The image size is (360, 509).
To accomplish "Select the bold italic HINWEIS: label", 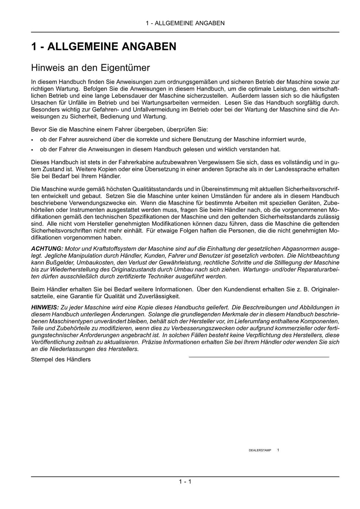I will click(x=45, y=307).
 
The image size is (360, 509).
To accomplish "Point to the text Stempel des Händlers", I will click(x=61, y=359).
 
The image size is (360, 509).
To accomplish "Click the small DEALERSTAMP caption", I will click(x=260, y=450).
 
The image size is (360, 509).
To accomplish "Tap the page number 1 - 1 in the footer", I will click(x=185, y=482).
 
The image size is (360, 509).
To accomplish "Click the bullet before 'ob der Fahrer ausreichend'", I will click(x=32, y=140).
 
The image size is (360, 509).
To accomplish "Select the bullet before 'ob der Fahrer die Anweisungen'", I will click(x=32, y=149).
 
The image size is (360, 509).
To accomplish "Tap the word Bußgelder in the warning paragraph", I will click(x=54, y=262).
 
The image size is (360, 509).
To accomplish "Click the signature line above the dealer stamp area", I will click(x=259, y=357).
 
